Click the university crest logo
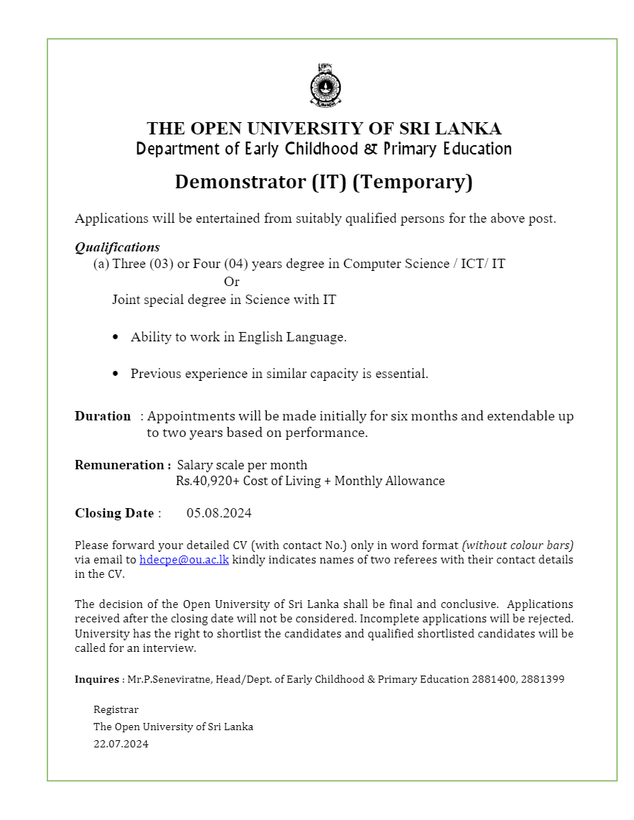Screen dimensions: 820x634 coord(325,86)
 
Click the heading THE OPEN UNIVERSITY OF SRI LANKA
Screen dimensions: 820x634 coord(324,129)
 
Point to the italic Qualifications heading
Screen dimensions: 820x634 coord(117,247)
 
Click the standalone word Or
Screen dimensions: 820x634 coord(231,282)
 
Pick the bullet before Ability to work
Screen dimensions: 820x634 coord(116,337)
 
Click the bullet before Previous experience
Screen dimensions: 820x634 coord(116,374)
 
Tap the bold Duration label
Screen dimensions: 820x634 coord(103,416)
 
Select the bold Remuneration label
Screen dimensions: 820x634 coord(121,465)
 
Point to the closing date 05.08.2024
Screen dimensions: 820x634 coord(219,513)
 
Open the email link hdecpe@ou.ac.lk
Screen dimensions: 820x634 coord(184,559)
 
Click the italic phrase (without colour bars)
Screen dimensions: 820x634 coord(518,545)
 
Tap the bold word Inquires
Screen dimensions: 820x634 coord(97,679)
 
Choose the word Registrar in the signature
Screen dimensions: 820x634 coord(116,709)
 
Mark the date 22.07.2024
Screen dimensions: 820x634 coord(121,744)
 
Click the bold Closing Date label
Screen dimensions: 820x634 coord(114,513)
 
